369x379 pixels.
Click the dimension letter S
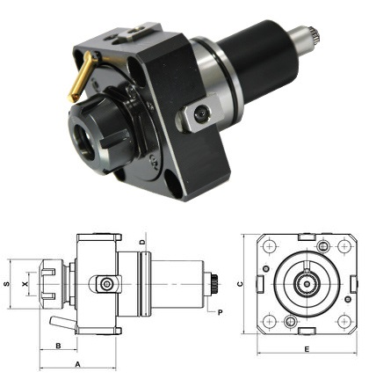click(7, 285)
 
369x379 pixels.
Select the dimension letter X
click(25, 285)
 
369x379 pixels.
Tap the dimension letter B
click(57, 346)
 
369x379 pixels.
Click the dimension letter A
click(77, 362)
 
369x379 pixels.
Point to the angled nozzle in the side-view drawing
click(60, 318)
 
